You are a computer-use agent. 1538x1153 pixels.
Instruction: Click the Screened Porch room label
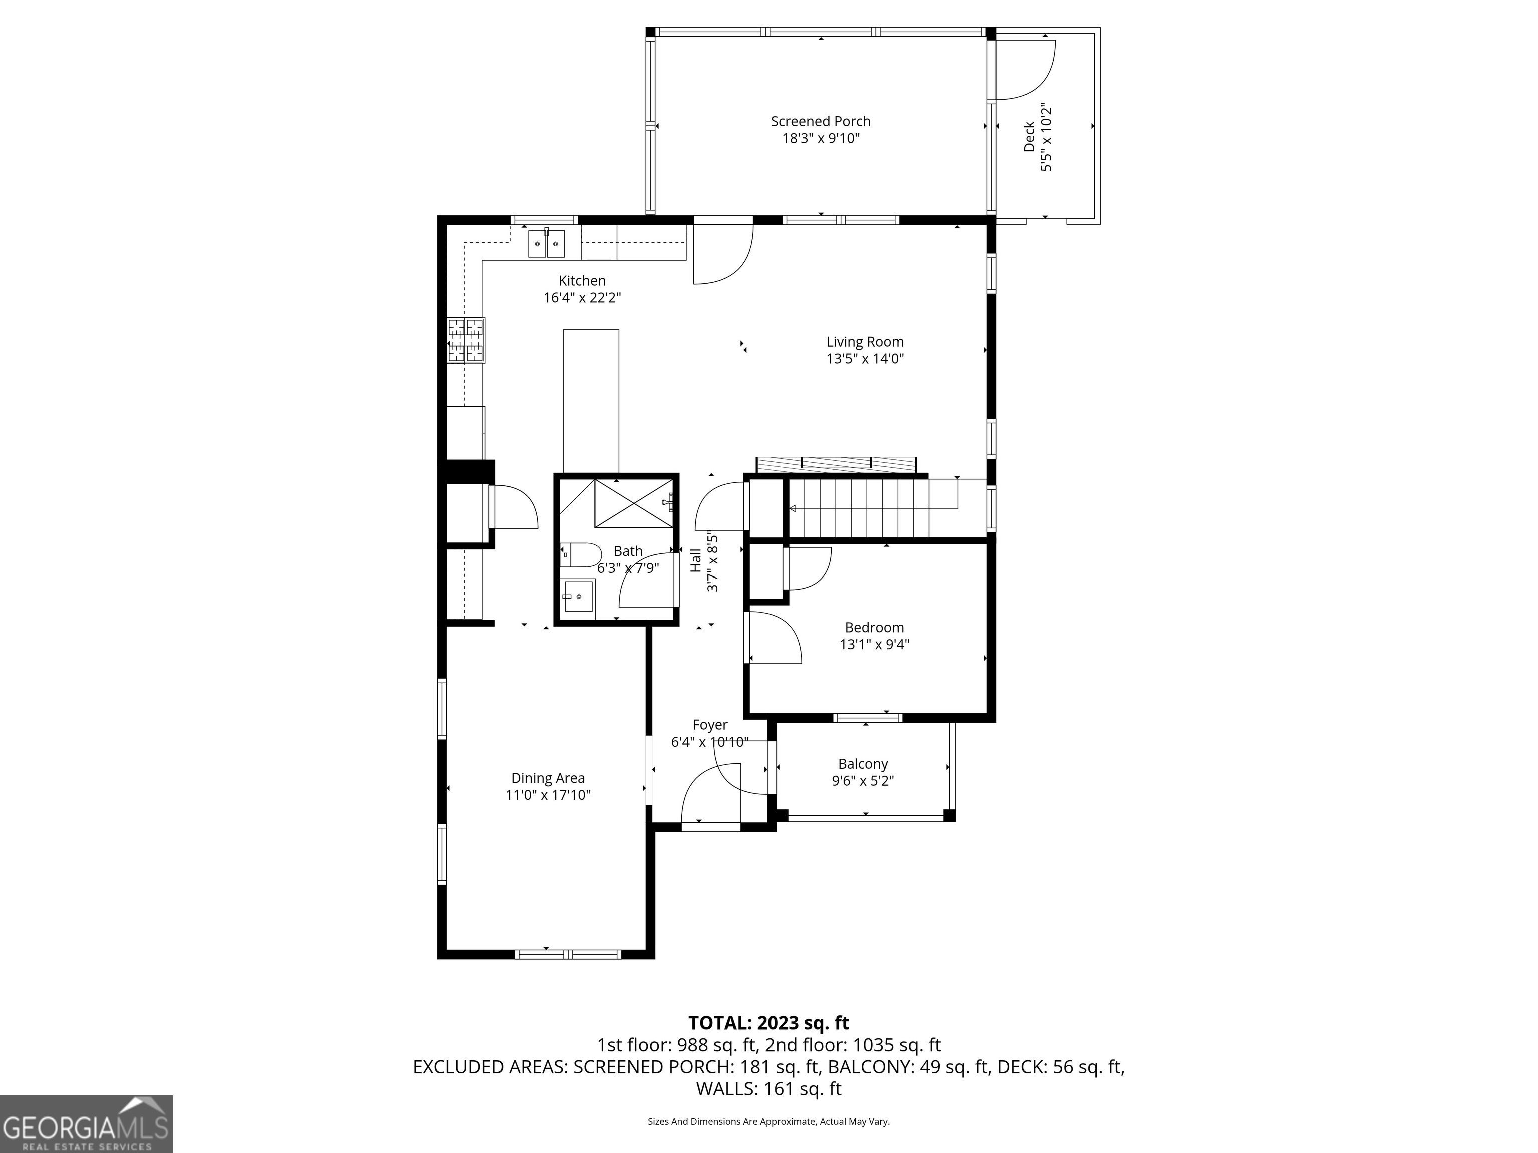[821, 121]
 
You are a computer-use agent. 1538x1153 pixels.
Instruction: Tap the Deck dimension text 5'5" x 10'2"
[1046, 138]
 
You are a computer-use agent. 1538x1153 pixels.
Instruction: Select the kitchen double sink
[547, 243]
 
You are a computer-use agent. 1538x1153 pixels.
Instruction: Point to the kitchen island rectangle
[591, 401]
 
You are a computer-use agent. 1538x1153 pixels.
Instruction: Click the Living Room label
[865, 342]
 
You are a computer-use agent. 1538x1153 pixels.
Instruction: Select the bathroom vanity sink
[578, 597]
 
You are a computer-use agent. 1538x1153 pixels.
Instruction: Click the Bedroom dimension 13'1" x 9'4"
[875, 644]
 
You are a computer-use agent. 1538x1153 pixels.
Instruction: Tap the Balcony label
[863, 764]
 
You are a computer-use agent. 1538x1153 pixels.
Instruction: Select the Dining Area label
[548, 778]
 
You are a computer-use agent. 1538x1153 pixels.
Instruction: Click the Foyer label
[710, 725]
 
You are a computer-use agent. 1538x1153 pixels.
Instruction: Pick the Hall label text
[696, 561]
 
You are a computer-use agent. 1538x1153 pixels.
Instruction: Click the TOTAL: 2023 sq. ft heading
[768, 1023]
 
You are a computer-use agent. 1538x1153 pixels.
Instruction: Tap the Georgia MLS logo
[86, 1124]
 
